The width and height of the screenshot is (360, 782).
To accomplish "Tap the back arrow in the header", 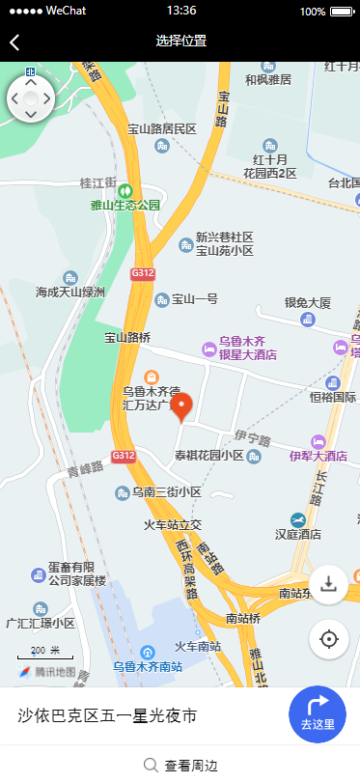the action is (x=14, y=42).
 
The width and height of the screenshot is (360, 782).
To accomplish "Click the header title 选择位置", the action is (x=180, y=42).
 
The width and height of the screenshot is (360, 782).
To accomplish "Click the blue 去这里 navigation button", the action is (x=318, y=714).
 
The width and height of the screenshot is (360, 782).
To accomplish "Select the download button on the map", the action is (x=329, y=584).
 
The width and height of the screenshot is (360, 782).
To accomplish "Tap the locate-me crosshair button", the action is (x=329, y=638).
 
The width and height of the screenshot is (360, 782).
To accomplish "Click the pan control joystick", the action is (x=31, y=98).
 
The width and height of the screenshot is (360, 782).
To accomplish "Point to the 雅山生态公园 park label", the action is (x=125, y=205).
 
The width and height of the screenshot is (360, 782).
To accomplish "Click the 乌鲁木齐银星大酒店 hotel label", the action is (x=242, y=348).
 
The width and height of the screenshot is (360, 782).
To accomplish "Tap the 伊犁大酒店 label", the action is (x=318, y=455).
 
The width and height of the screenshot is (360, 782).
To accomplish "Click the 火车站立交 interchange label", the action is (x=173, y=524).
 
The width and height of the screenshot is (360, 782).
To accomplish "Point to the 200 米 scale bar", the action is (x=44, y=653).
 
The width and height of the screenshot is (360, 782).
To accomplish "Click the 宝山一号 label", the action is (x=194, y=299).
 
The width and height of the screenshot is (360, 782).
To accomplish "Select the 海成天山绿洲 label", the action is (x=70, y=291).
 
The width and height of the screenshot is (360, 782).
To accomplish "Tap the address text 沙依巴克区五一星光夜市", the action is (x=108, y=715).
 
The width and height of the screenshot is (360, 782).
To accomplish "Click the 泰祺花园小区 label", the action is (x=209, y=455).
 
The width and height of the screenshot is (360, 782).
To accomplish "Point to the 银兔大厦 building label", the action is (x=308, y=302).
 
